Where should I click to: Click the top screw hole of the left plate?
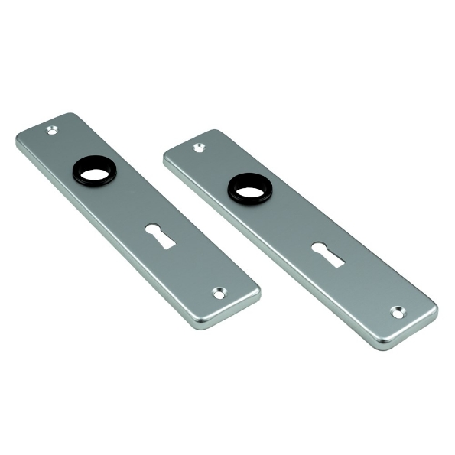[x=52, y=131]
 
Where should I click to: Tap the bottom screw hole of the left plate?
[x=219, y=293]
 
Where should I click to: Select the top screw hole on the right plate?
[x=199, y=147]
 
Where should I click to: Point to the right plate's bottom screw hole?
[x=398, y=312]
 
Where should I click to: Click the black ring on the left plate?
[x=90, y=171]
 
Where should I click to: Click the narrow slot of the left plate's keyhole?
[x=164, y=241]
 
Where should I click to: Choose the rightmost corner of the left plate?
[x=258, y=291]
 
